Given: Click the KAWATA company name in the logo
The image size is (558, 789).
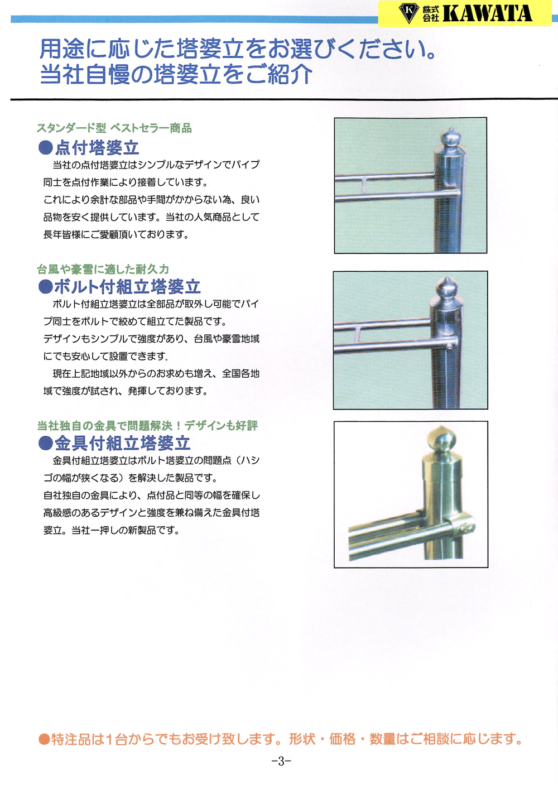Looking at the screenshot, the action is coord(487,14).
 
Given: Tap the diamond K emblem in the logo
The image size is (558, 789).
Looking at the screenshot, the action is coord(409,13).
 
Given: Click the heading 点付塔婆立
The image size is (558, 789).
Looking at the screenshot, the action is coord(97,147).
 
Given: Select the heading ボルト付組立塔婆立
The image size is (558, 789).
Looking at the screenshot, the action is coord(127,287).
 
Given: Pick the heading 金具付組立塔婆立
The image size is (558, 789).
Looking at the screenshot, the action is coord(122,443).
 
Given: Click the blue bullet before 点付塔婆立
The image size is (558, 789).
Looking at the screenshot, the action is coord(45,147).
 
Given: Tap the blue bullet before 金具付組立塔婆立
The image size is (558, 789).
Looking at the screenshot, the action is coord(45,443).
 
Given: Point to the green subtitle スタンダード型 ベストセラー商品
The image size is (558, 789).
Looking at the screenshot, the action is coord(114,128).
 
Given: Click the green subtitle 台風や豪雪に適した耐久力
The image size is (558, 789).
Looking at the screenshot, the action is coord(103,270).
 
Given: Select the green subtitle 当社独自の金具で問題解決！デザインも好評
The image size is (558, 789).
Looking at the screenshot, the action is coord(147,426).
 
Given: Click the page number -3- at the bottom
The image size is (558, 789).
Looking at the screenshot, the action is coord(281,762).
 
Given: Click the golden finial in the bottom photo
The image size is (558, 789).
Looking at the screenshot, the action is coord(442,439).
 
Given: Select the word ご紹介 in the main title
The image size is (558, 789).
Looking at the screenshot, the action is coord(279,74).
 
